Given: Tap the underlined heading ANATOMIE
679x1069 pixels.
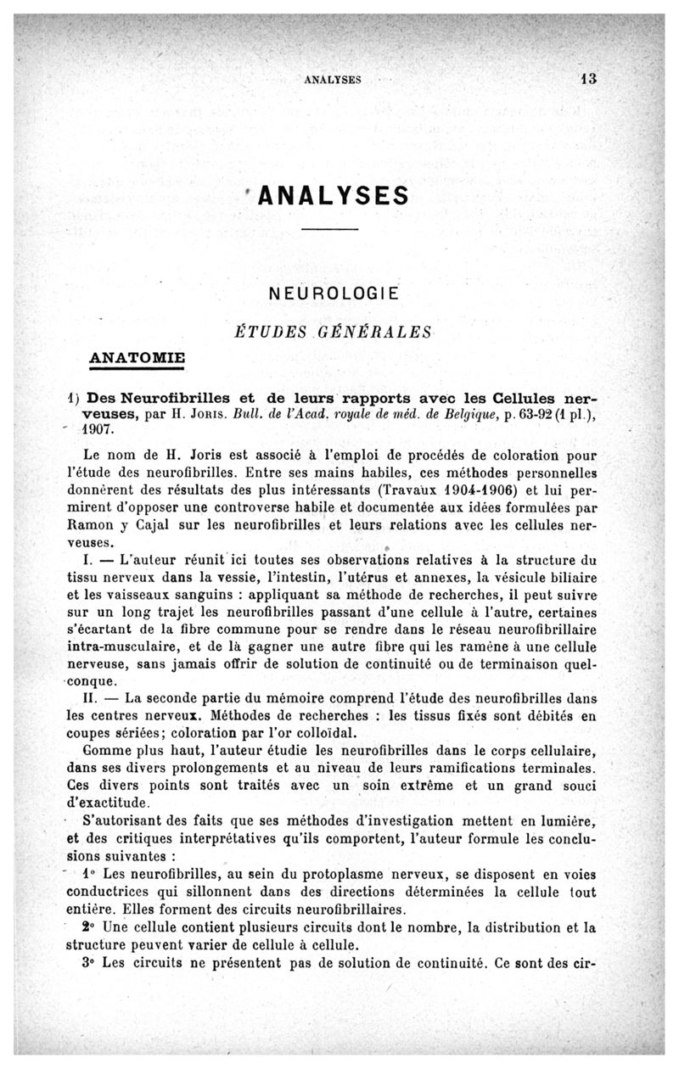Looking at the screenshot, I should point(137,355).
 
